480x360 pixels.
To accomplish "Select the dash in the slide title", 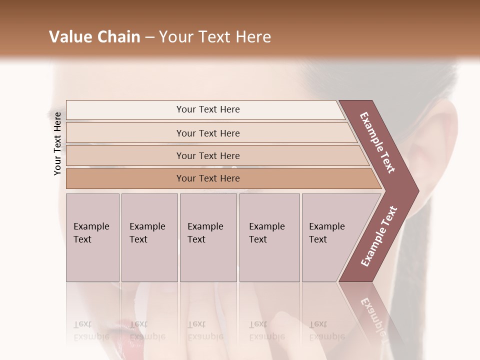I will tap(149, 37).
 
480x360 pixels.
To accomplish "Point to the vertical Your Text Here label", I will tap(57, 143).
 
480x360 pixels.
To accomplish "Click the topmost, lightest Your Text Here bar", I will tap(207, 109).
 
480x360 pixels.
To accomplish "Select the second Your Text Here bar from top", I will tap(207, 133).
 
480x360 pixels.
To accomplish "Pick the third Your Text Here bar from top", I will tap(207, 155).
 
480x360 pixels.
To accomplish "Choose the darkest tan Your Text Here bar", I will tap(207, 178).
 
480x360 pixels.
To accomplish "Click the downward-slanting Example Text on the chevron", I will tap(378, 142).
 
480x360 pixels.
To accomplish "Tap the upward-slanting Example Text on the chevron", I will tap(379, 236).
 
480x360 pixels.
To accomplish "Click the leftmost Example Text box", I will tap(92, 237).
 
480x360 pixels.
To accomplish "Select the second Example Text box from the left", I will tap(149, 237).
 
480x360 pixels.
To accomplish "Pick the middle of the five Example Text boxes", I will tap(208, 237).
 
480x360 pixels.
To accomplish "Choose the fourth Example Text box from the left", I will tap(269, 237).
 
